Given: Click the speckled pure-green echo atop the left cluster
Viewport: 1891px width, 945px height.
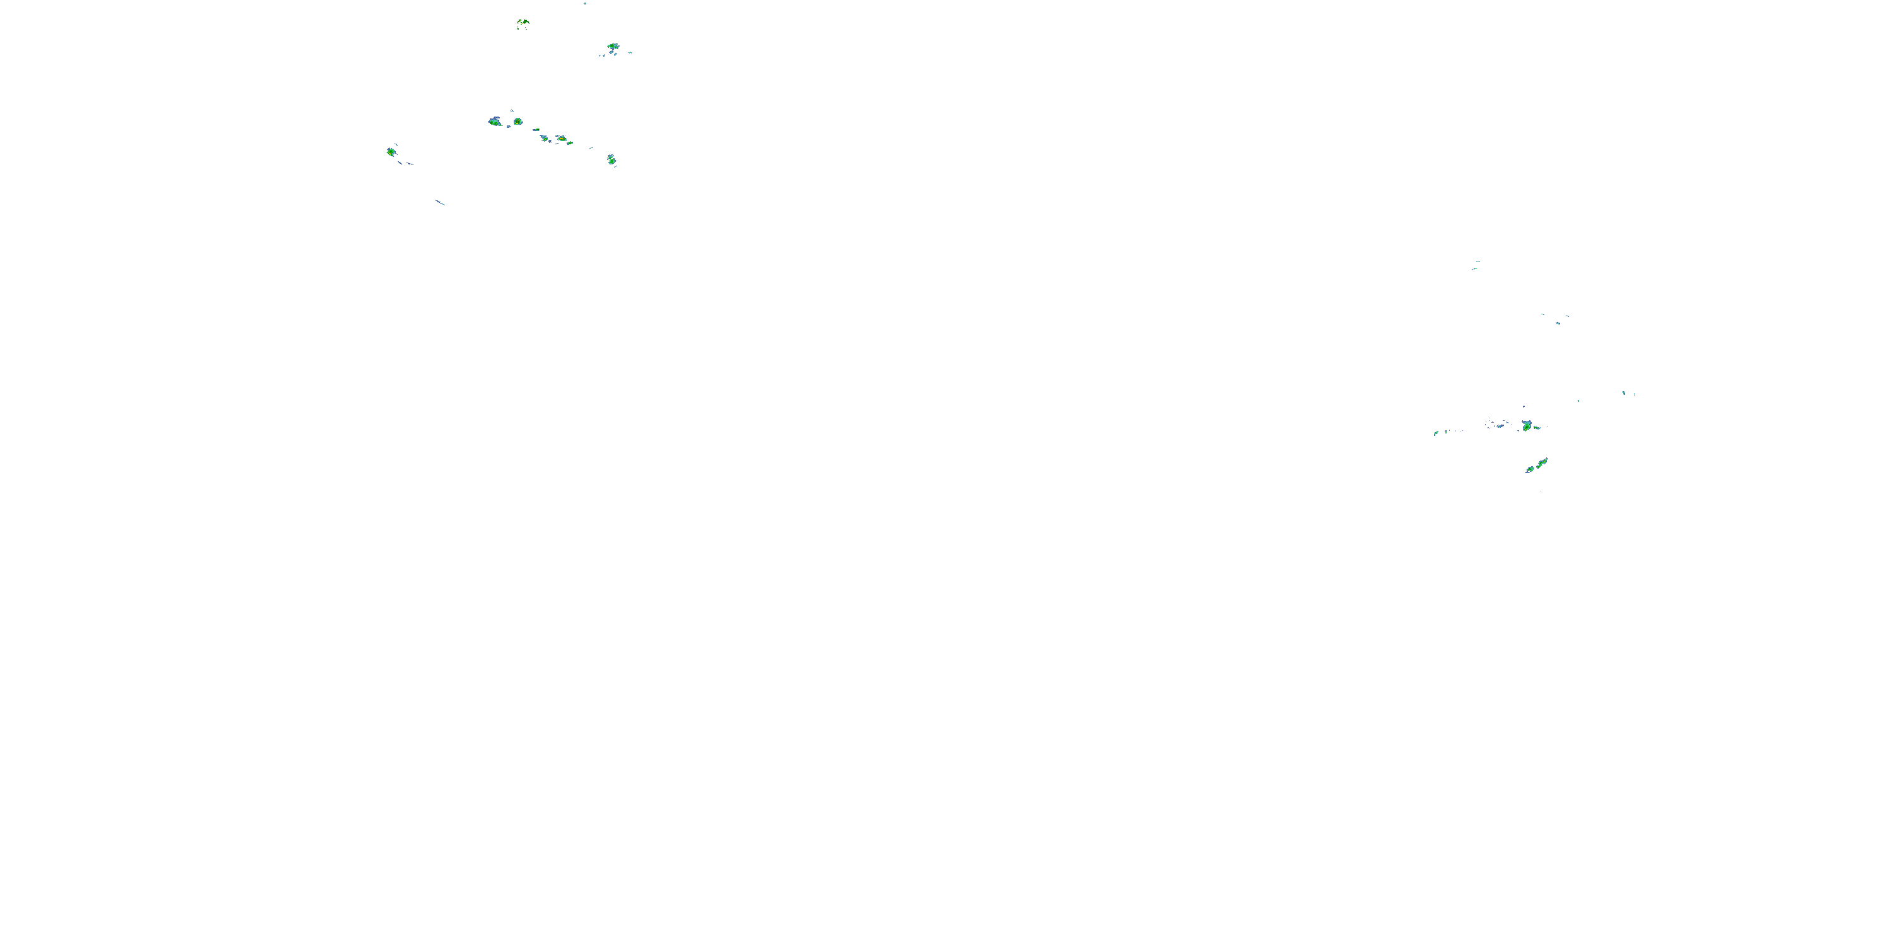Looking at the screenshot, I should click(523, 23).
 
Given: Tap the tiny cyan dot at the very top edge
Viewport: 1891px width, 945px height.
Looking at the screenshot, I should click(585, 4).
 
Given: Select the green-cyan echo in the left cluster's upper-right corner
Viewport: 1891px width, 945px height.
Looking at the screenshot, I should click(613, 47).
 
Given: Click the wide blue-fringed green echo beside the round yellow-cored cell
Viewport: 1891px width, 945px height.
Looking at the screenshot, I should click(495, 122).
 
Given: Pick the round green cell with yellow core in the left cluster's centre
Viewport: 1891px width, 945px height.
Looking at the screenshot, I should click(518, 121).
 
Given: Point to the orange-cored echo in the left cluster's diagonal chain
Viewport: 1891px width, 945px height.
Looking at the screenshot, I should click(562, 138).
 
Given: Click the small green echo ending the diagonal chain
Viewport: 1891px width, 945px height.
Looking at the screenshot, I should click(570, 142).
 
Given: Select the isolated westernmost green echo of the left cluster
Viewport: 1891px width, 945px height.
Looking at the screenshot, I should click(391, 152).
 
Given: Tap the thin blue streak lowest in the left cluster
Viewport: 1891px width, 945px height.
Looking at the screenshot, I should click(440, 202).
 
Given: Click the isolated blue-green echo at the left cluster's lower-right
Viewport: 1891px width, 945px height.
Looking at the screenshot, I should click(611, 159).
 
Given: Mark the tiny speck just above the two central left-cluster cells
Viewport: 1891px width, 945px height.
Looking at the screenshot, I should click(512, 111).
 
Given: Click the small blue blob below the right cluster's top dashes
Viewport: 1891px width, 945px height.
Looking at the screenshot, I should click(1558, 322).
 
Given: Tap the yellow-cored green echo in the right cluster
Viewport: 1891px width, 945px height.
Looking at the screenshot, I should click(1527, 425).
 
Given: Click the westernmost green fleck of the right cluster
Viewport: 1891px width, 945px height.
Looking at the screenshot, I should click(1436, 433).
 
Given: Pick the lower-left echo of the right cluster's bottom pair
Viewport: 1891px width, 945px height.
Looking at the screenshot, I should click(1530, 469).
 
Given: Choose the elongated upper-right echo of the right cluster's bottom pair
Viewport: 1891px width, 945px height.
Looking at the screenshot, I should click(1542, 462).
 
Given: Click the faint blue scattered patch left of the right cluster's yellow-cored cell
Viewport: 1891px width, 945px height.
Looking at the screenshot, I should click(1498, 424).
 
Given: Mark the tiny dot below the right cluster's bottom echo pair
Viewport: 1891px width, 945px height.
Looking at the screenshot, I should click(1539, 490).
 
